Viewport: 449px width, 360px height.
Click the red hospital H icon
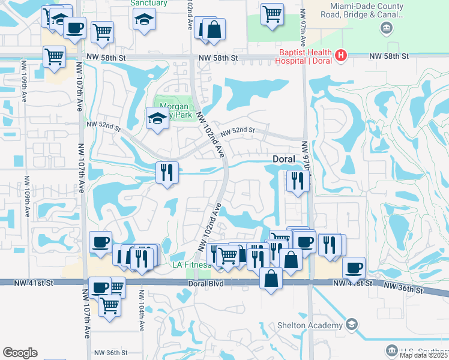341,55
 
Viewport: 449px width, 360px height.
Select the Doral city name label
284,160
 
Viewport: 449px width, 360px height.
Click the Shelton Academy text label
315,325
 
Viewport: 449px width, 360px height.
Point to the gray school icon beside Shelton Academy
352,325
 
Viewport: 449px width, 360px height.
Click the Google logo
20,353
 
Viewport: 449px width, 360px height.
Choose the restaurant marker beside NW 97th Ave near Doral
298,180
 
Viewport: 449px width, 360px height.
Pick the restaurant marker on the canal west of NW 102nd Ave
167,172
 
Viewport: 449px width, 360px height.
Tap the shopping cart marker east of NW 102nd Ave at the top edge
272,13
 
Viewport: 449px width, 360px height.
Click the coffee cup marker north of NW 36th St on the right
354,267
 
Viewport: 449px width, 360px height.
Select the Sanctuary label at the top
149,3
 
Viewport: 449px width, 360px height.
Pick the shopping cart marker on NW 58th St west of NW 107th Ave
54,56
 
